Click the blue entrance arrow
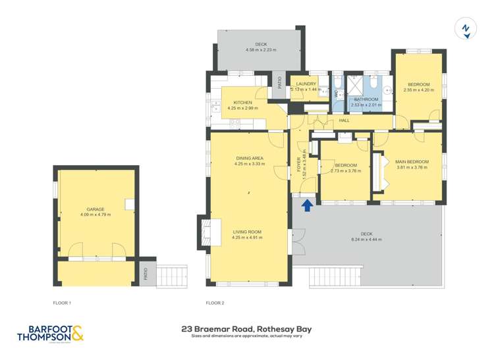point(307,206)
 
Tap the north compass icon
point(466,29)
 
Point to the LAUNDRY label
point(306,84)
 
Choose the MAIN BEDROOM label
point(412,162)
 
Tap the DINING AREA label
point(249,159)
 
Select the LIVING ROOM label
point(248,232)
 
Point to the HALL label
point(344,120)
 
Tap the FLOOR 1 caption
point(62,303)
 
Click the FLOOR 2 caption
point(215,303)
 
